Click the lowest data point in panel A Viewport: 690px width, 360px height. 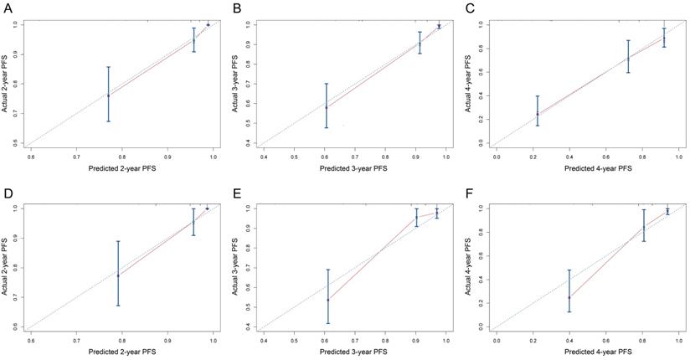(108, 95)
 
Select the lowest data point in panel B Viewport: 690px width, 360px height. (327, 107)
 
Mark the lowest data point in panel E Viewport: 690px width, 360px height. (327, 299)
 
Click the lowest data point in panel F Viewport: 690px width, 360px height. (569, 297)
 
